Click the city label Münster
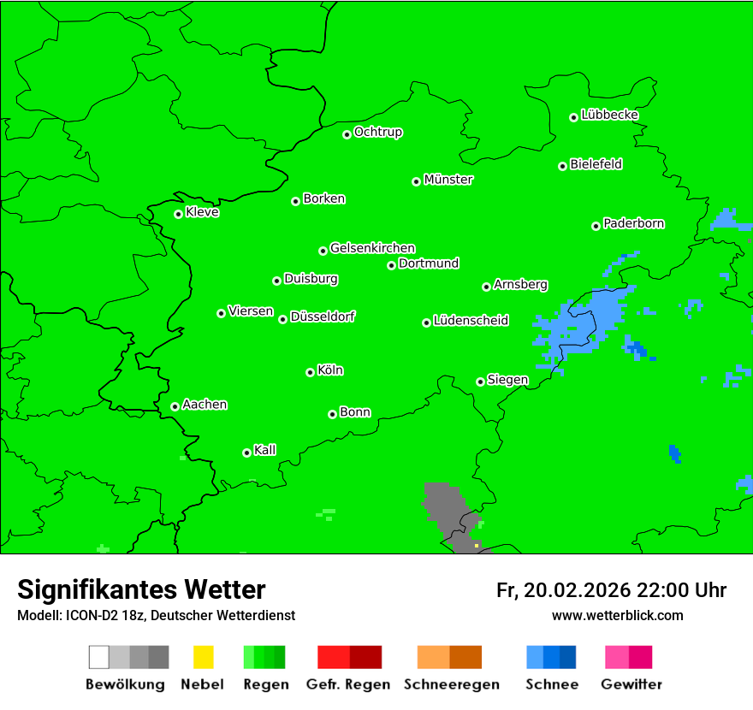[448, 180]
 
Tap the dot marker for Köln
[310, 372]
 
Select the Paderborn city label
[633, 223]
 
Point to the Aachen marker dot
[175, 406]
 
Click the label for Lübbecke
[609, 115]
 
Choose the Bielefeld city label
[596, 163]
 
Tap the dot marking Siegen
[480, 382]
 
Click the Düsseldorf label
[323, 317]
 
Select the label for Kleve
[202, 212]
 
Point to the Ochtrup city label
[377, 132]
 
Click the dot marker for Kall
[246, 453]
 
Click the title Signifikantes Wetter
[141, 590]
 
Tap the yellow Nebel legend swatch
[203, 657]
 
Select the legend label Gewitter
[631, 684]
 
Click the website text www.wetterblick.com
[617, 615]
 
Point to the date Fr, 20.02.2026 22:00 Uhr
[611, 590]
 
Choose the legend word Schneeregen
[449, 684]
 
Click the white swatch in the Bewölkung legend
[99, 657]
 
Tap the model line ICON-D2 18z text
[156, 615]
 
